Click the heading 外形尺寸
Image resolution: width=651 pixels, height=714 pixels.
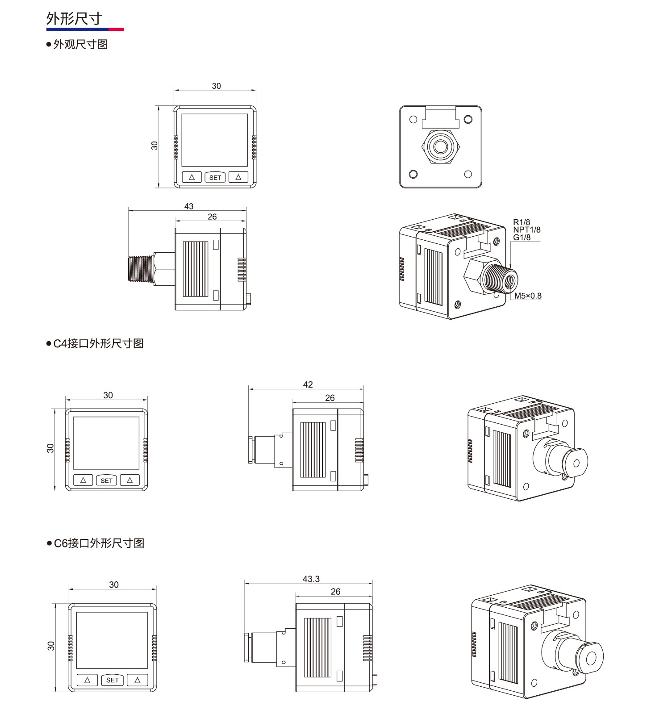coord(74,19)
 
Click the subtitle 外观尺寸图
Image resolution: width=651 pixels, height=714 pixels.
coord(80,44)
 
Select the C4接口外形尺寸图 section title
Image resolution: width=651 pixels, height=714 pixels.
coord(98,343)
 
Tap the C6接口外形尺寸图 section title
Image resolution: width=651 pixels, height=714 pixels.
coord(99,543)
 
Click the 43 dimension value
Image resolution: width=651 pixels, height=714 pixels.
coord(189,206)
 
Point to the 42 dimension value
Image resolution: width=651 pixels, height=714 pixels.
coord(308,384)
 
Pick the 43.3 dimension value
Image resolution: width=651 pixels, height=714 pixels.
coord(311,579)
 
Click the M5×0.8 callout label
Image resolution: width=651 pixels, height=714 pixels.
coord(528,296)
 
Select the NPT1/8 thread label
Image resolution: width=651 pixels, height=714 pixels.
coord(527,230)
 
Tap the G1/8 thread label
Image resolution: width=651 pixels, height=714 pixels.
coord(522,238)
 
